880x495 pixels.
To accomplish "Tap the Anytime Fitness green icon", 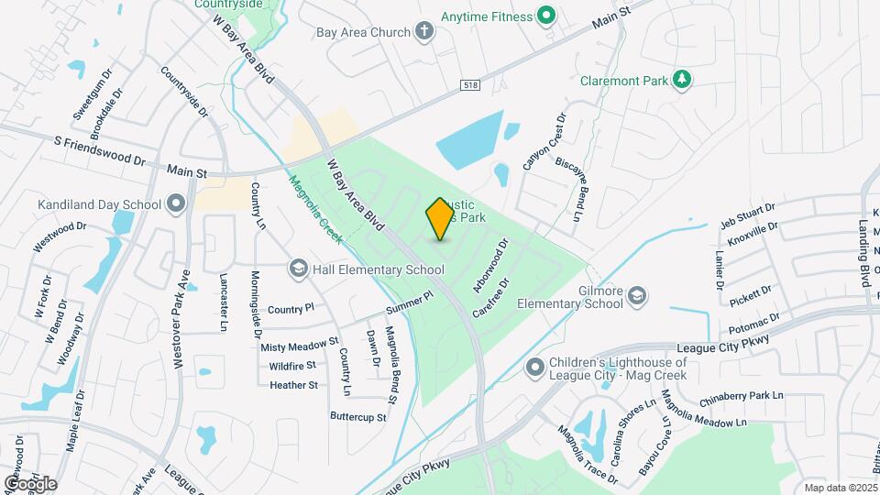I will click(x=546, y=15).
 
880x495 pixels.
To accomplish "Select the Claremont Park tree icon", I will click(x=681, y=80).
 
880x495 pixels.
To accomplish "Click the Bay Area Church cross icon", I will click(x=423, y=33).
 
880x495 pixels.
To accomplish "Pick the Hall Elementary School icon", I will click(x=298, y=269).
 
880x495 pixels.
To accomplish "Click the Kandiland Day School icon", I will click(x=176, y=203).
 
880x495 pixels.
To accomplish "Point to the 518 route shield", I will click(x=470, y=85).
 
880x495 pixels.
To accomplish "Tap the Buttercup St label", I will click(x=358, y=416).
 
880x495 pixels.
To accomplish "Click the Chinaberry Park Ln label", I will click(x=741, y=398).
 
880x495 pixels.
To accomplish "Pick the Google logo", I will click(x=29, y=483).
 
